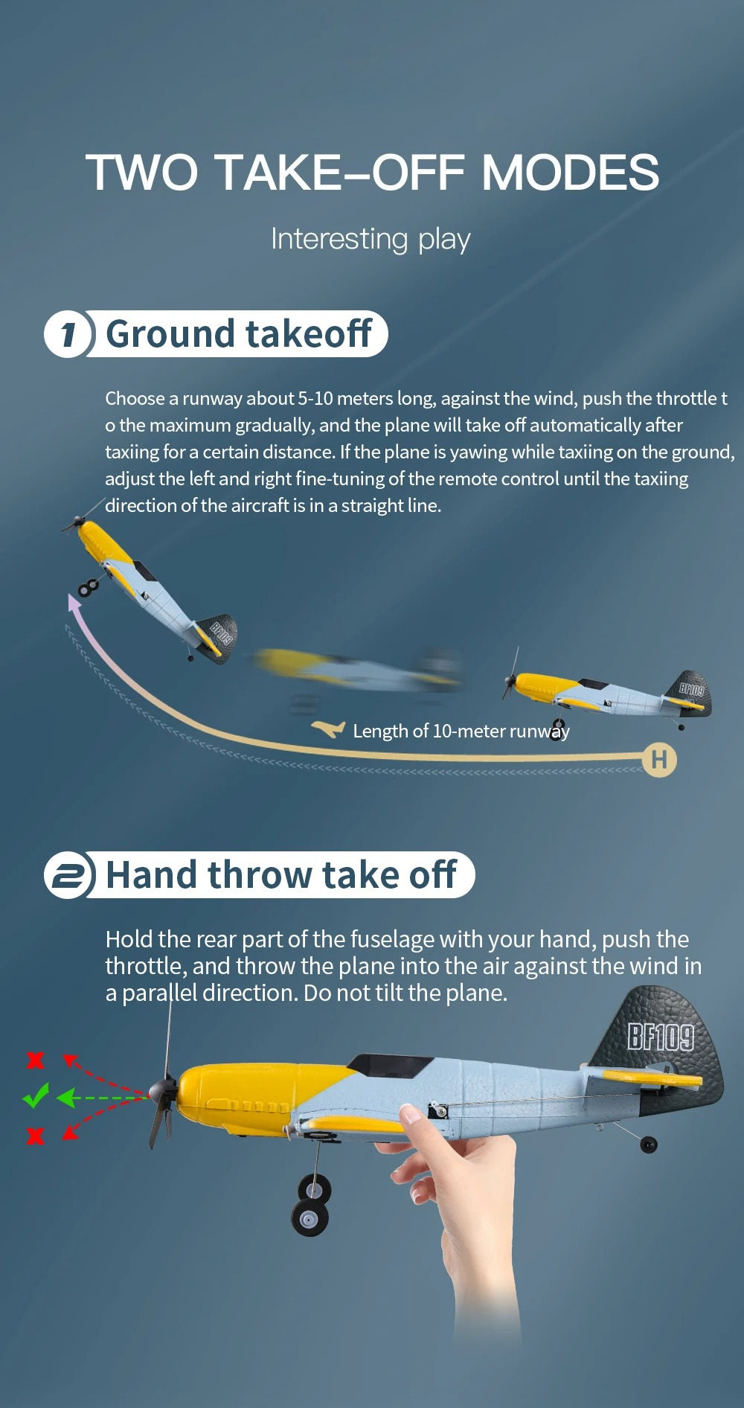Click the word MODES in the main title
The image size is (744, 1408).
pyautogui.click(x=570, y=173)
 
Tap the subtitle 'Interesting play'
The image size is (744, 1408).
pyautogui.click(x=371, y=239)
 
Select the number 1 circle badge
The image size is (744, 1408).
pyautogui.click(x=68, y=334)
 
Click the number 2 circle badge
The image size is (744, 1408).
pyautogui.click(x=68, y=875)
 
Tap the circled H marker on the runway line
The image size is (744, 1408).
pyautogui.click(x=659, y=759)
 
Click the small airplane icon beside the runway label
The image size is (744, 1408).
pyautogui.click(x=328, y=729)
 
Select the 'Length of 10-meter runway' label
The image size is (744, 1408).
pyautogui.click(x=461, y=731)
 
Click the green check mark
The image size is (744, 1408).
pyautogui.click(x=35, y=1095)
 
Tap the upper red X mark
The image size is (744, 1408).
pyautogui.click(x=35, y=1060)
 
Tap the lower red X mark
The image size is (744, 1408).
pyautogui.click(x=35, y=1136)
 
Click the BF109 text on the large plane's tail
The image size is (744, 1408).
pyautogui.click(x=660, y=1036)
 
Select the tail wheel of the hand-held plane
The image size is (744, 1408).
pyautogui.click(x=649, y=1144)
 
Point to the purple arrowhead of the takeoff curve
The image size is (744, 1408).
pyautogui.click(x=74, y=602)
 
